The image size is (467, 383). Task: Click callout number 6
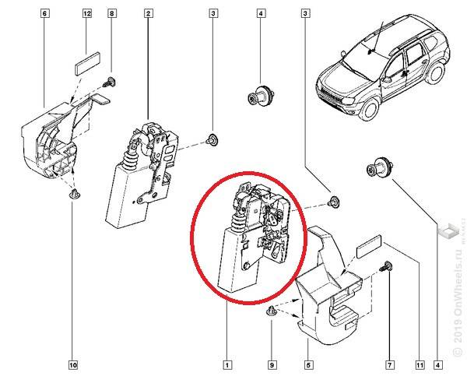tap(44, 14)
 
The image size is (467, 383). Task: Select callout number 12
tap(86, 14)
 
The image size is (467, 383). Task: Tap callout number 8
tap(112, 14)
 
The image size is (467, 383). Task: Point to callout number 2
tap(148, 14)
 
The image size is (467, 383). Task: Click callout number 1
tap(226, 364)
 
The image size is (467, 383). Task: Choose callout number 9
tap(272, 364)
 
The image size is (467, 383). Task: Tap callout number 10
tap(73, 364)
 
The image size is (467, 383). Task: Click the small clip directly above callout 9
tap(272, 312)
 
